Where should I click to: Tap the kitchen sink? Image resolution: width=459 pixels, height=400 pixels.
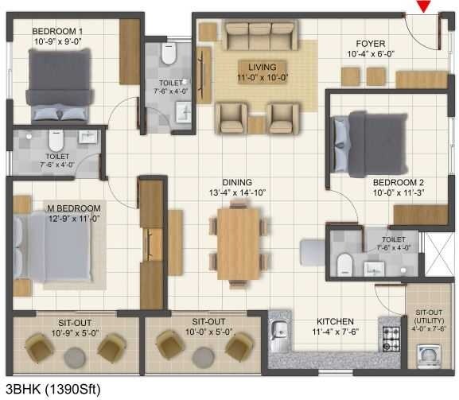[x=279, y=329]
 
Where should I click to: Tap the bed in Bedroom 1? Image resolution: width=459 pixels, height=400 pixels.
[x=60, y=83]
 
